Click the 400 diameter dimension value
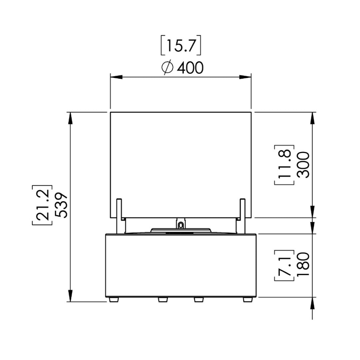(x=190, y=68)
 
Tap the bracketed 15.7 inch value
(x=181, y=45)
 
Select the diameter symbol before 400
(x=167, y=68)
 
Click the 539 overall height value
(x=62, y=205)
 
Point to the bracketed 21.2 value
(x=42, y=205)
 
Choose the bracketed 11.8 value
(x=284, y=165)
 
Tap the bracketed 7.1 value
(x=284, y=265)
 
